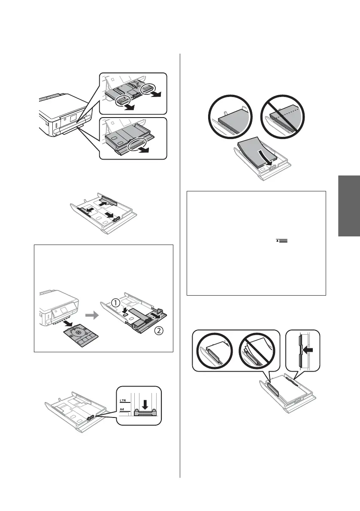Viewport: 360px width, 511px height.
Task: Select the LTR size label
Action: coord(123,399)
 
